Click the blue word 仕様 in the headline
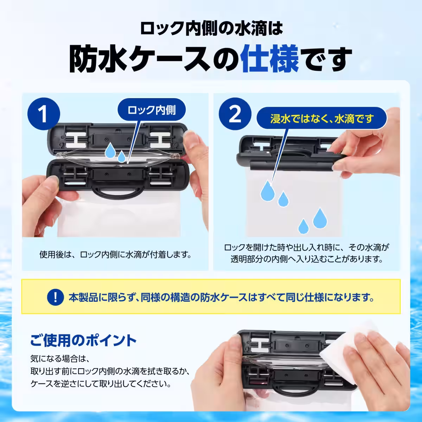pos(269,59)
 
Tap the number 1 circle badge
pos(44,114)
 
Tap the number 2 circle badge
pos(235,114)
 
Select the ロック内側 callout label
pos(152,110)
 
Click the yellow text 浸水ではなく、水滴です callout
pos(322,119)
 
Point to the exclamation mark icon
pos(56,297)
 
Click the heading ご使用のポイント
pos(83,340)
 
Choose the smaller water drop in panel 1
pos(122,156)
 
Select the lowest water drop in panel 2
pos(303,226)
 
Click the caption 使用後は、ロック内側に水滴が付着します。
pos(116,255)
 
